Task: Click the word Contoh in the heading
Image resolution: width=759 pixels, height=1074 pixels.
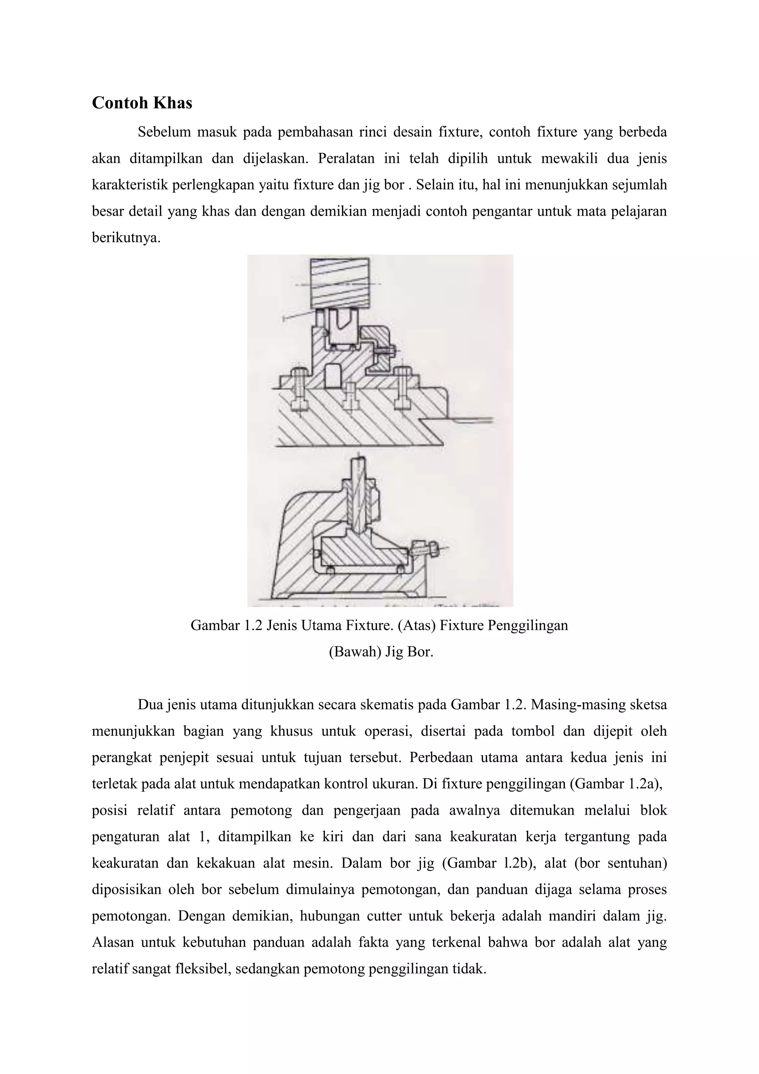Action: point(120,103)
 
